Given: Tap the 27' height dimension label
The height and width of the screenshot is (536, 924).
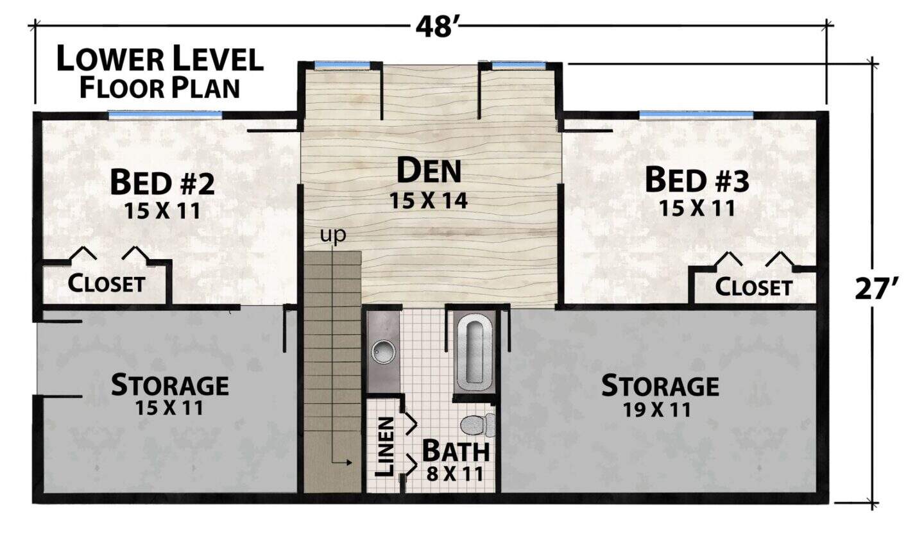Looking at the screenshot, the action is coord(877,289).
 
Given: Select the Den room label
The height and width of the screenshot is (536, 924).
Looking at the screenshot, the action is coord(429,171).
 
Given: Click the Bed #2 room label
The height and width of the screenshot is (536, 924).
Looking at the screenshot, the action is coord(162,182).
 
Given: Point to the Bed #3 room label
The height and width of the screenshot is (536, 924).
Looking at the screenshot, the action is coord(697,180).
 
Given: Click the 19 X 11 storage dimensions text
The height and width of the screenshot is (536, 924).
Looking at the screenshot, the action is coord(656,410).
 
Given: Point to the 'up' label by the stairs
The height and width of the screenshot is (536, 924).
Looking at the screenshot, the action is coord(333,235).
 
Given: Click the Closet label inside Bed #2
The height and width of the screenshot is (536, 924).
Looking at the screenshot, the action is coord(107,283).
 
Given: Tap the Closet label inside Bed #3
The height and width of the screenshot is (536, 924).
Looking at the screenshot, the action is coord(753,287).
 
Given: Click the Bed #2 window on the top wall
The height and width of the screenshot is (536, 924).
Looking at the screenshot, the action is coord(165,115).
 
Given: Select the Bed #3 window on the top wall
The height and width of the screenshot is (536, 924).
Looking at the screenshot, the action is coord(696,115).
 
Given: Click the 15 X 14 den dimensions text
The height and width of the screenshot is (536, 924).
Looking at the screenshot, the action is coord(429,201).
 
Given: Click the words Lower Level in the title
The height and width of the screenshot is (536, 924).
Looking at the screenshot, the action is coord(160,58).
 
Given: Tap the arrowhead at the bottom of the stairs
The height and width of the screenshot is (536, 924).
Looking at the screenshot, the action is coord(349,463).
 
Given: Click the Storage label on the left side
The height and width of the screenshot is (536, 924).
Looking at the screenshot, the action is coord(169,385).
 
